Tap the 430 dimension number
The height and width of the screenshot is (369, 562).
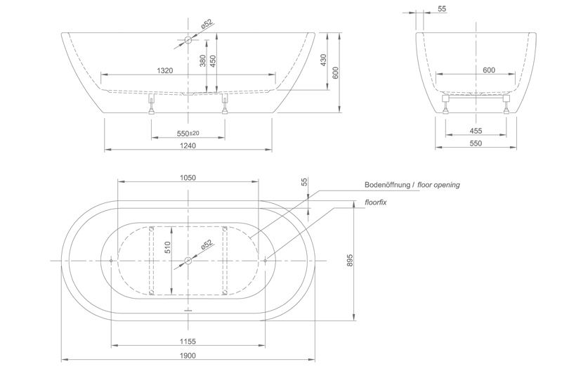coord(324,61)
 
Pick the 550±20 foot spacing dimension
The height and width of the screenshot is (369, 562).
coord(188,133)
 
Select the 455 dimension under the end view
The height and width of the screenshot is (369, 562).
coord(476,131)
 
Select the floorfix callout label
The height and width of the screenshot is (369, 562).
coord(375,202)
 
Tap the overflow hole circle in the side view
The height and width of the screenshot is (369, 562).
coord(187,41)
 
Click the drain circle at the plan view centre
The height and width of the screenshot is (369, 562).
coord(187,261)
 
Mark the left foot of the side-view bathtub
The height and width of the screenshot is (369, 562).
coord(150,105)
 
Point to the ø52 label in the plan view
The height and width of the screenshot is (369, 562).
coord(207,245)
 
